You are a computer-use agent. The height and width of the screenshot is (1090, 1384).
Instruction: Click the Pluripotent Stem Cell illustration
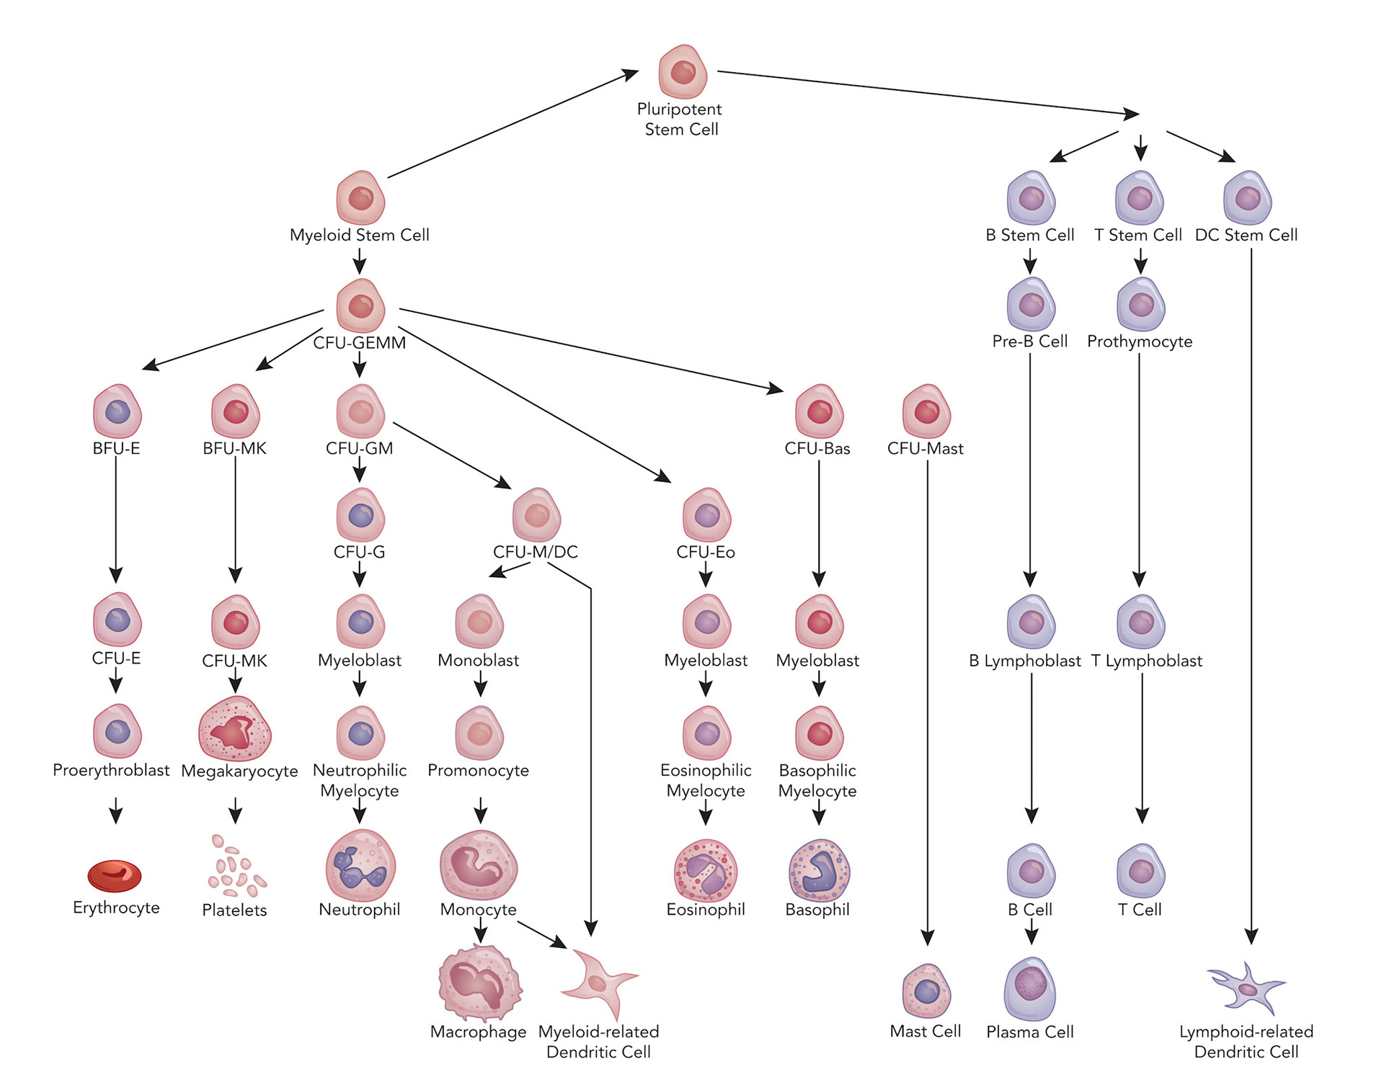[682, 71]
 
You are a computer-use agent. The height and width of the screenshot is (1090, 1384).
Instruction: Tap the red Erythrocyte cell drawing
[115, 875]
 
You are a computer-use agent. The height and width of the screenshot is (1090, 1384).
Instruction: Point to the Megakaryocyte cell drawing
[235, 729]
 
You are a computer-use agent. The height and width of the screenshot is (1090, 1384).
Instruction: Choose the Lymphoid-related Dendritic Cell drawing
[1246, 988]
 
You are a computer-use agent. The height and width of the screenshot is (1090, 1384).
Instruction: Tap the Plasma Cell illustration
[1030, 988]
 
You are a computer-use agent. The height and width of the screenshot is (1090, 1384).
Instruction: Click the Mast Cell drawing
[926, 991]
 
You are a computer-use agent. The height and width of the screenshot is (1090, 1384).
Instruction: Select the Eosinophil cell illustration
[706, 870]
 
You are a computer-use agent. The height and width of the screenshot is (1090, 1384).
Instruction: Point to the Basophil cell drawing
[820, 870]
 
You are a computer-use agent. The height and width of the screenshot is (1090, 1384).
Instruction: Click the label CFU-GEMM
[360, 343]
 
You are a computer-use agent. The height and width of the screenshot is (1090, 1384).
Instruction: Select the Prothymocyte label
[1140, 341]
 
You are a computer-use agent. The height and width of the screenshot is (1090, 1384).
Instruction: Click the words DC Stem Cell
[1246, 235]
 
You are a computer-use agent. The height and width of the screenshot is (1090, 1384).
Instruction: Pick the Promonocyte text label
[478, 770]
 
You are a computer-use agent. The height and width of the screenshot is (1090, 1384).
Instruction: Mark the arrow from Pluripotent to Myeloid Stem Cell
[513, 124]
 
